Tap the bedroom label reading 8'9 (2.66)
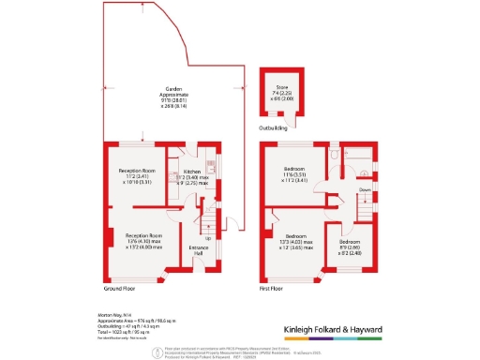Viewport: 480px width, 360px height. [351, 247]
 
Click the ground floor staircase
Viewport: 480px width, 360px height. [210, 225]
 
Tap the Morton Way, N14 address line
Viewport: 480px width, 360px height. [116, 315]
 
